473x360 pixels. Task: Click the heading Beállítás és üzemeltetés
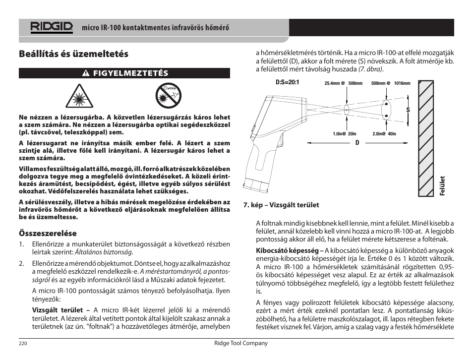coord(73,54)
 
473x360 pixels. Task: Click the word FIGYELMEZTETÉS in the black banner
coord(130,73)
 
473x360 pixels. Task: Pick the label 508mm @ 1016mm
coord(391,83)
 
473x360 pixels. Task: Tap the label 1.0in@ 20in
coord(345,133)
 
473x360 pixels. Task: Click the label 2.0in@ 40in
coord(384,133)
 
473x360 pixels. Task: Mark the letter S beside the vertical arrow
coord(408,110)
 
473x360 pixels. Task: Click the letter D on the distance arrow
coord(356,143)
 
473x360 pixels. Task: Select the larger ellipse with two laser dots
coord(385,109)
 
